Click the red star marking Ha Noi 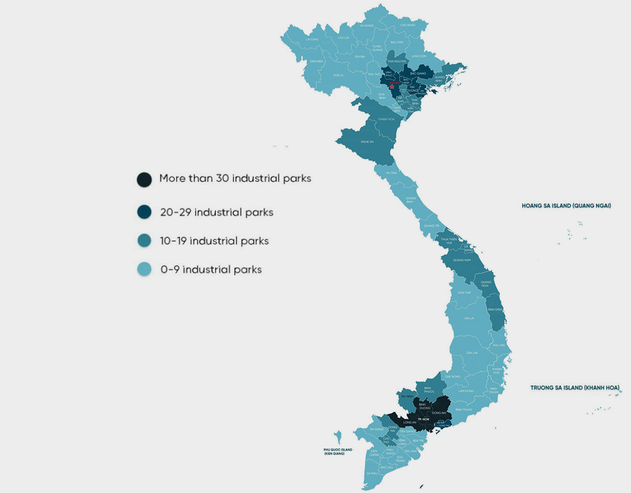click(392, 86)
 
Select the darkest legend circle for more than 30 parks click(144, 179)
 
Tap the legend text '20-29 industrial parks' click(217, 212)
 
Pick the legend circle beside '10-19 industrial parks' click(144, 241)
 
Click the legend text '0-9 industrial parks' click(211, 270)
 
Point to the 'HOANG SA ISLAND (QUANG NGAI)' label click(566, 206)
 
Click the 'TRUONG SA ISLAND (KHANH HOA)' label click(575, 388)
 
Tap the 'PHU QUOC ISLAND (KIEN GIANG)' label click(338, 451)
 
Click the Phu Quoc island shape click(338, 437)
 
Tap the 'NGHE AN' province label click(367, 142)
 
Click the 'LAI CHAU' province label click(312, 39)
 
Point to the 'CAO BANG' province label click(408, 25)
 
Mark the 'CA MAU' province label click(372, 473)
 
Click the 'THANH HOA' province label click(386, 119)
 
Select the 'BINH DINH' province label click(495, 310)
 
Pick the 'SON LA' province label click(338, 75)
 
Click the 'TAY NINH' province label click(406, 396)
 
